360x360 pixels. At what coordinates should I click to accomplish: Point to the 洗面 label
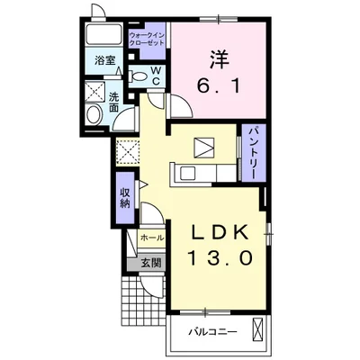(115, 102)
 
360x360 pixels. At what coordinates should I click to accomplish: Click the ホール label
(150, 238)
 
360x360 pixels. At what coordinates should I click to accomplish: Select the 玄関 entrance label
(150, 263)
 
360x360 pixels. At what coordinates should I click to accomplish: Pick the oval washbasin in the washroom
(94, 114)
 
